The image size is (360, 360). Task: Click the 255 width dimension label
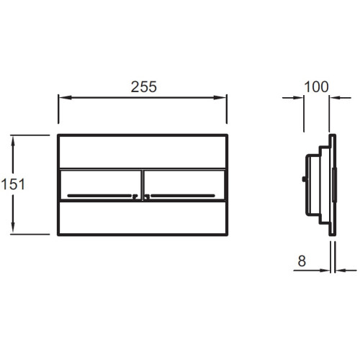(x=144, y=86)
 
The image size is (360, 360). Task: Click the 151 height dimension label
(x=13, y=184)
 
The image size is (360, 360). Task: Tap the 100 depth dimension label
(x=316, y=86)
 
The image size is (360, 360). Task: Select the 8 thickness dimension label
(x=302, y=261)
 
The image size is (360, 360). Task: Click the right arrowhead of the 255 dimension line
(x=220, y=97)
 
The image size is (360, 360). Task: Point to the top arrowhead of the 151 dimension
(x=13, y=143)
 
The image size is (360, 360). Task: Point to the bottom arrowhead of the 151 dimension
(x=13, y=226)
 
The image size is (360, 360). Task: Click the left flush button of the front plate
(x=101, y=185)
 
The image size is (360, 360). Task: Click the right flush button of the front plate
(x=184, y=185)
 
